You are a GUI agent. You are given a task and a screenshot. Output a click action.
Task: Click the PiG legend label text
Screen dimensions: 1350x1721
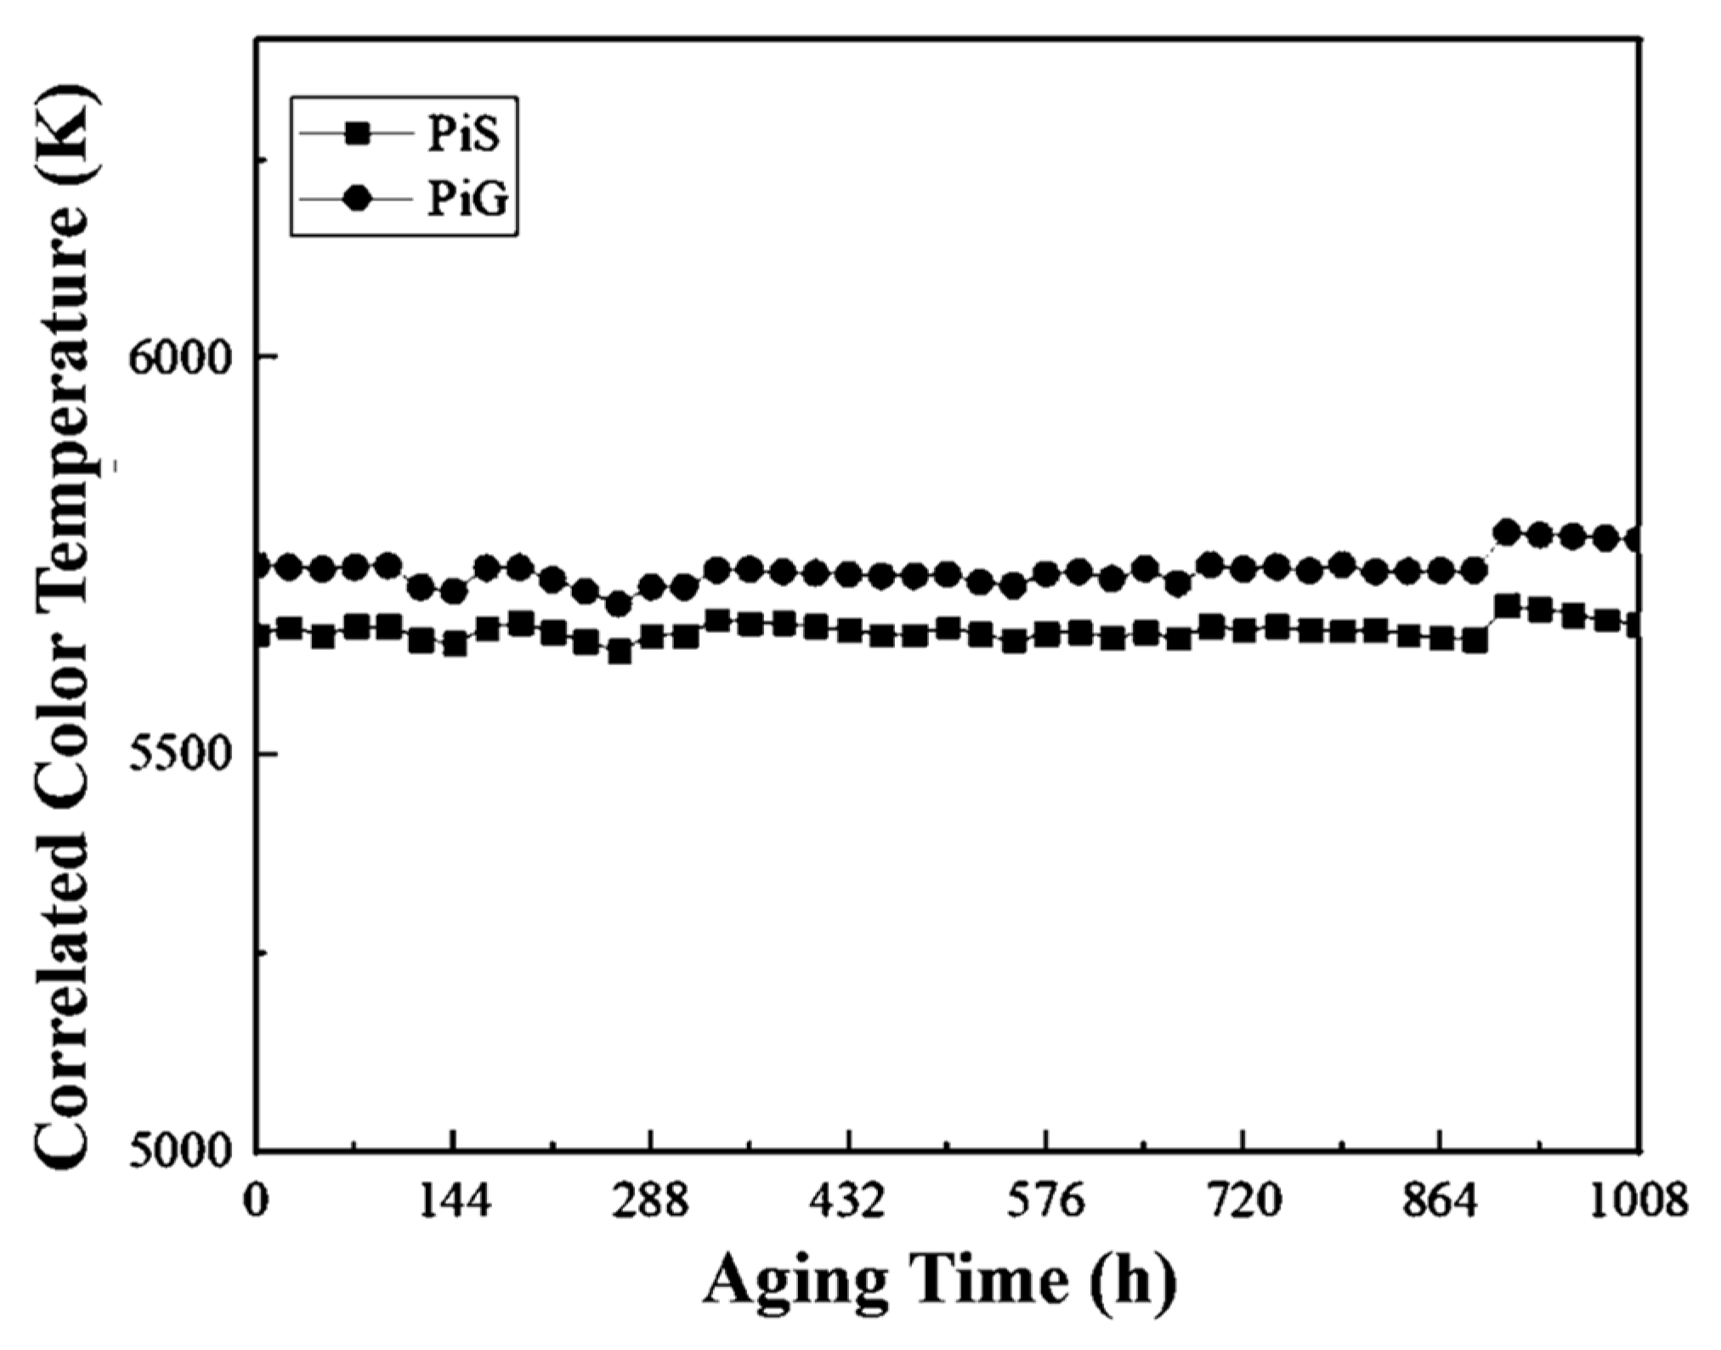(467, 201)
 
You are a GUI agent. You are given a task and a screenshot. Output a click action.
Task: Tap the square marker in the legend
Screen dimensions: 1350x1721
(358, 133)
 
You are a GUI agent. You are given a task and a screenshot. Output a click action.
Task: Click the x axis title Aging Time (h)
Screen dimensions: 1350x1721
(939, 1281)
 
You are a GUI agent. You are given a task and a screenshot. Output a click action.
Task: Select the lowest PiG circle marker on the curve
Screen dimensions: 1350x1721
(619, 604)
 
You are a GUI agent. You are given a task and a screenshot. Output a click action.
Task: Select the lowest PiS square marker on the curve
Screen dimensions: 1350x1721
(619, 652)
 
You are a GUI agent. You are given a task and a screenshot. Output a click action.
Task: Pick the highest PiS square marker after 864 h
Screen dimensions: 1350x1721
(1507, 607)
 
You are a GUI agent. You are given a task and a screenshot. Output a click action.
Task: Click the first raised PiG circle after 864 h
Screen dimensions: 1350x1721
(1507, 533)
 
